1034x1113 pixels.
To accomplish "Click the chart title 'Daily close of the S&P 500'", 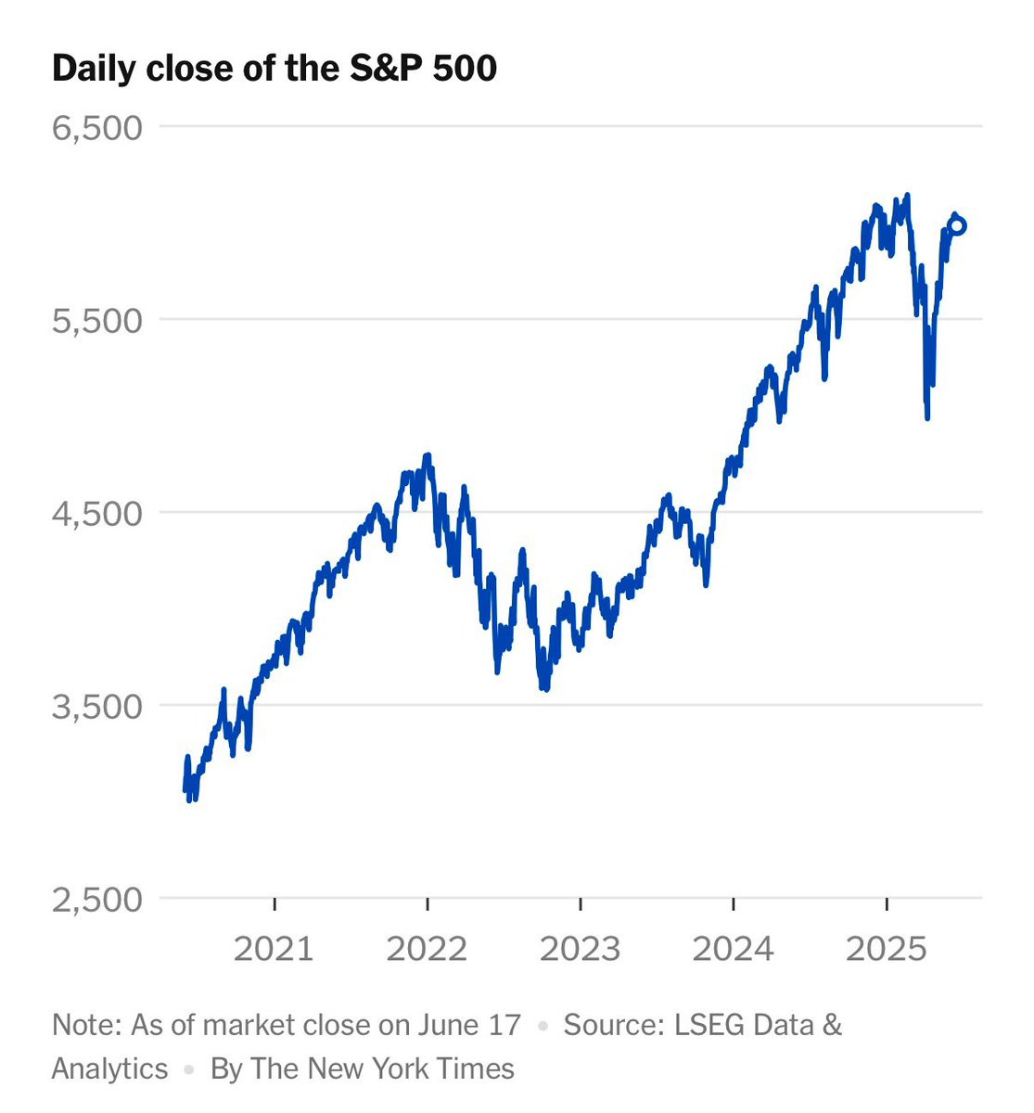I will [274, 70].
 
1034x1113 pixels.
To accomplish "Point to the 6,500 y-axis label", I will [97, 127].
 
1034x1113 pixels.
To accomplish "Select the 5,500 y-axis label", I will [97, 321].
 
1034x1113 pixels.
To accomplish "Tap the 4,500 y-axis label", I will [97, 514].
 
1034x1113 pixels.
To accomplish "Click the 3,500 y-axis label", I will [97, 707].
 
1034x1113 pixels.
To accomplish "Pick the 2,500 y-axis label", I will [97, 900].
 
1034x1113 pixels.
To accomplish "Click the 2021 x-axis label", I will [274, 949].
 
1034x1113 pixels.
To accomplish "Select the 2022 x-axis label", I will [428, 949].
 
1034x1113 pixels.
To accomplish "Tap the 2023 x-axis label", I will [581, 949].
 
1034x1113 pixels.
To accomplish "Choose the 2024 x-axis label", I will [734, 949].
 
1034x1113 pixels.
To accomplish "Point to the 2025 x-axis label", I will [887, 949].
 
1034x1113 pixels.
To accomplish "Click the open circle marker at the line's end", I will [958, 225].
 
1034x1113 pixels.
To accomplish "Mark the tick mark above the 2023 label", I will [581, 903].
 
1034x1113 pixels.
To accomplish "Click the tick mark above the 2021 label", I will [274, 903].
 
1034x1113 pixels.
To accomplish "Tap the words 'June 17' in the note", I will [479, 1025].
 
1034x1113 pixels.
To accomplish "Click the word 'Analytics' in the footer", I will [110, 1068].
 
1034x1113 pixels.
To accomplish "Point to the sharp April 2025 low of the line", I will [926, 416].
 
